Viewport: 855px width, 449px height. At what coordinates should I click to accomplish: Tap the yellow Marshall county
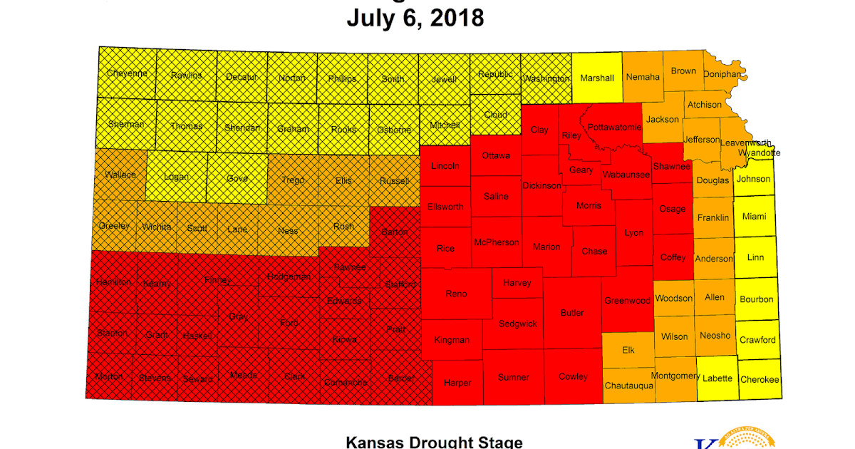pyautogui.click(x=597, y=78)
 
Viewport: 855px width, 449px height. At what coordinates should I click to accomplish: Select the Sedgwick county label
pyautogui.click(x=518, y=324)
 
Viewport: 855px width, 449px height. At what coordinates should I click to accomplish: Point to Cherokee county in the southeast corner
pyautogui.click(x=760, y=380)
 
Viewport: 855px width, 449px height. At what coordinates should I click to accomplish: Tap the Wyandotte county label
pyautogui.click(x=759, y=153)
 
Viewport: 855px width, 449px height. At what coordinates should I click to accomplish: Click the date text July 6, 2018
pyautogui.click(x=415, y=18)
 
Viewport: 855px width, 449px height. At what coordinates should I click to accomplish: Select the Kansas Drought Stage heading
pyautogui.click(x=434, y=442)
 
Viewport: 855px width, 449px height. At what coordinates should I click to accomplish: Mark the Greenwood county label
pyautogui.click(x=627, y=301)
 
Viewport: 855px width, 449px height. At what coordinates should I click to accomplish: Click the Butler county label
pyautogui.click(x=572, y=313)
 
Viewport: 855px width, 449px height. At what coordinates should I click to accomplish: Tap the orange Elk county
pyautogui.click(x=628, y=350)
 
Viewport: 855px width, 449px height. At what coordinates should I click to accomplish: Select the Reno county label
pyautogui.click(x=456, y=294)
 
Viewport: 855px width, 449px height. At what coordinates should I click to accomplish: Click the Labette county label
pyautogui.click(x=717, y=379)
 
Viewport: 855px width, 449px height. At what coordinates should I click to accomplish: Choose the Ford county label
pyautogui.click(x=289, y=324)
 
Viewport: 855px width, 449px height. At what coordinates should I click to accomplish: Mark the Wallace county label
pyautogui.click(x=120, y=175)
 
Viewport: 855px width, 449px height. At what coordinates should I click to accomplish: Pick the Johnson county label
pyautogui.click(x=754, y=179)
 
